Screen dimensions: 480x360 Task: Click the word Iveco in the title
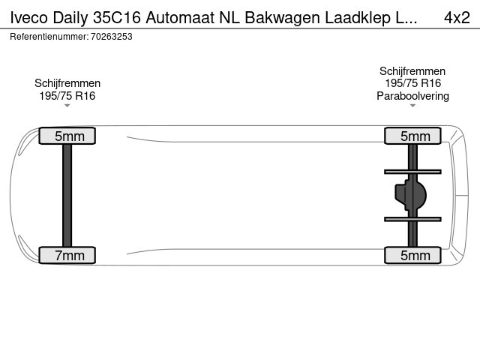29,18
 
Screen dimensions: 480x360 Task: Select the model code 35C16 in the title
117,18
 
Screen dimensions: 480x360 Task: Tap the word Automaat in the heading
180,18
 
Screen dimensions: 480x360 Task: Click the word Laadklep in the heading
358,18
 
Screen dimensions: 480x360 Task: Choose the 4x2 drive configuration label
457,18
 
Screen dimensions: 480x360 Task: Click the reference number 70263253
112,37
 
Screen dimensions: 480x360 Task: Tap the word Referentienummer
49,37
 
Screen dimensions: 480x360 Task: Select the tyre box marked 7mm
67,255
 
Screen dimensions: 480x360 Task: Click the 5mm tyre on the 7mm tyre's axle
67,136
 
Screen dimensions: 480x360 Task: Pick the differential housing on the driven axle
410,195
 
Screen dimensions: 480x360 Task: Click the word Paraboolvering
412,96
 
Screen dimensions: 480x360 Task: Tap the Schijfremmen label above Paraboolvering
412,71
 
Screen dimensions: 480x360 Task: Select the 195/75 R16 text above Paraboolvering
412,83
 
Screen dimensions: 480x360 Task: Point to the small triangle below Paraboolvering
412,106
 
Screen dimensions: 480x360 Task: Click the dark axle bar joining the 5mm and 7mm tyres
67,195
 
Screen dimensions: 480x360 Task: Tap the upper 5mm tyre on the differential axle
412,136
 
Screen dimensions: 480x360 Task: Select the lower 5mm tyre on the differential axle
412,255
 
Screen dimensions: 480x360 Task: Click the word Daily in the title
70,18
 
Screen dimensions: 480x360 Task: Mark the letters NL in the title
229,18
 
